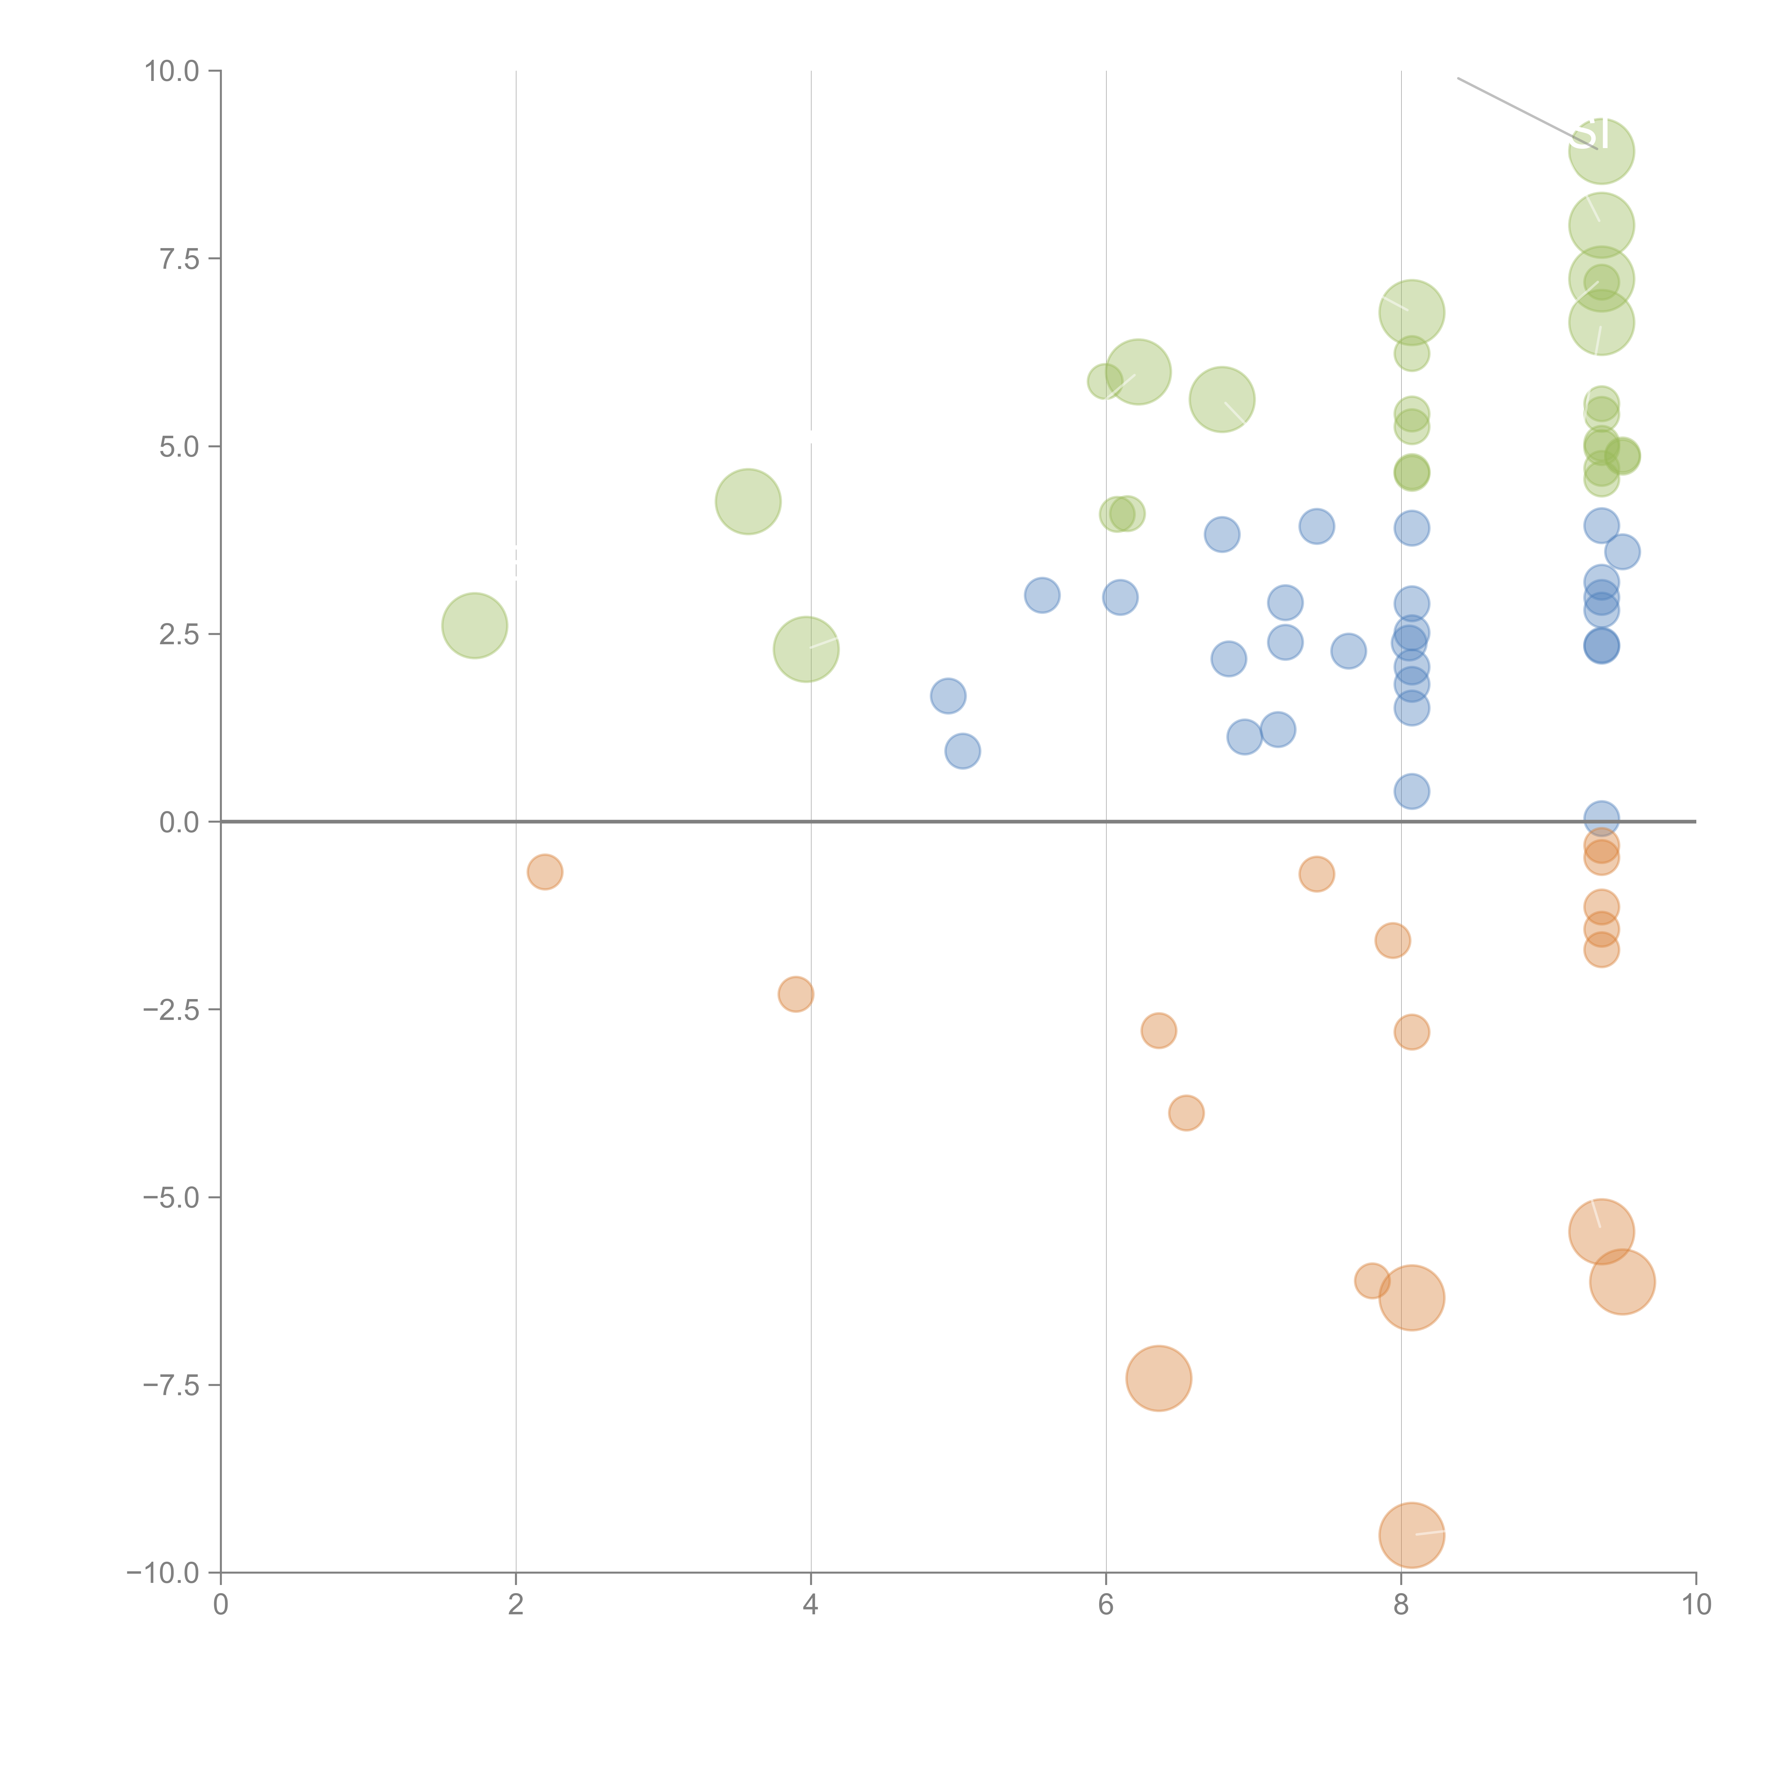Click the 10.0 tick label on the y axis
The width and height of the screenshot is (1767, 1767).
point(172,71)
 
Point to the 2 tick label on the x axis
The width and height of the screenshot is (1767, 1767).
point(516,1605)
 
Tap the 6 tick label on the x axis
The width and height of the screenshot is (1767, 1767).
point(1106,1605)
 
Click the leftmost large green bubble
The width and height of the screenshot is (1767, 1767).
point(475,626)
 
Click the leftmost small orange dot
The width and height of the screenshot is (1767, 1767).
point(545,871)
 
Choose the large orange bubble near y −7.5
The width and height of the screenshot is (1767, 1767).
point(1159,1378)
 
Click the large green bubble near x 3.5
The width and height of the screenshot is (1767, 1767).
point(748,501)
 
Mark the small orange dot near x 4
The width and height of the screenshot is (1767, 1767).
point(796,994)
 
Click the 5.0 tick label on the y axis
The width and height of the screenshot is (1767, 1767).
point(179,446)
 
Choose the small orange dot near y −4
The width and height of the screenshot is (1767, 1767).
point(1186,1113)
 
